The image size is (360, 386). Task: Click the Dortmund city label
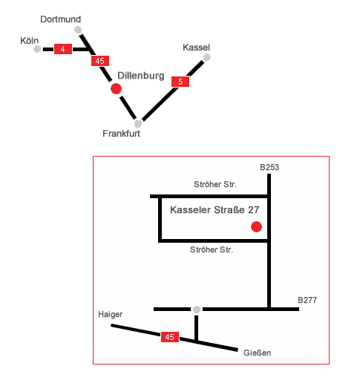61,19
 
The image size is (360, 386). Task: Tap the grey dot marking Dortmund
78,30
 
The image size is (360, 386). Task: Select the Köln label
30,41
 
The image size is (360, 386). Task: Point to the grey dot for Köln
37,49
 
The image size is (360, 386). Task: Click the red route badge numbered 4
63,49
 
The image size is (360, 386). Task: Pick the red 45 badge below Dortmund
100,61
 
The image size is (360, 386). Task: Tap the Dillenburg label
141,76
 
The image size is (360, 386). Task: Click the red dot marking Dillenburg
116,88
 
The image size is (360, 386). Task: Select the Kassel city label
196,48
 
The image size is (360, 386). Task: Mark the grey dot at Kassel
207,57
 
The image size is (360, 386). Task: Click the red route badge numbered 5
180,82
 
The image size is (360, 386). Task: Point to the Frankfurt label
121,134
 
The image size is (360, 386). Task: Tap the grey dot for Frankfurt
138,123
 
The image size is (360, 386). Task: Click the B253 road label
269,167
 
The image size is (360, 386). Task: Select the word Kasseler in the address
190,210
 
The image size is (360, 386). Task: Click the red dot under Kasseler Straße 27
256,226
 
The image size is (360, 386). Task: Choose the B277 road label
307,300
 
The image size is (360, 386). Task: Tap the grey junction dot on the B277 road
197,310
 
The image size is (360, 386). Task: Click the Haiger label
110,315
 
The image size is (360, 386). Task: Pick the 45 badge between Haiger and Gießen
170,337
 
